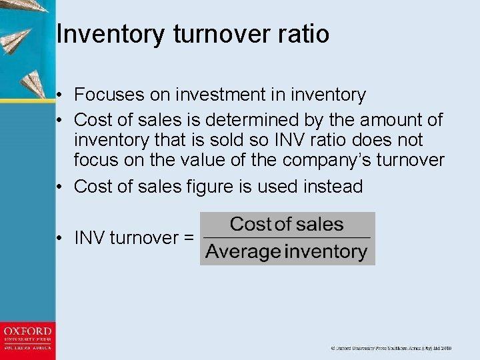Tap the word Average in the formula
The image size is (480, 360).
tap(243, 252)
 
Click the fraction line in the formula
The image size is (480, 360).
tap(287, 238)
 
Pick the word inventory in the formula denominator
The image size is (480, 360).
tap(326, 252)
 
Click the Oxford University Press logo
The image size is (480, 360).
tap(27, 338)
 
